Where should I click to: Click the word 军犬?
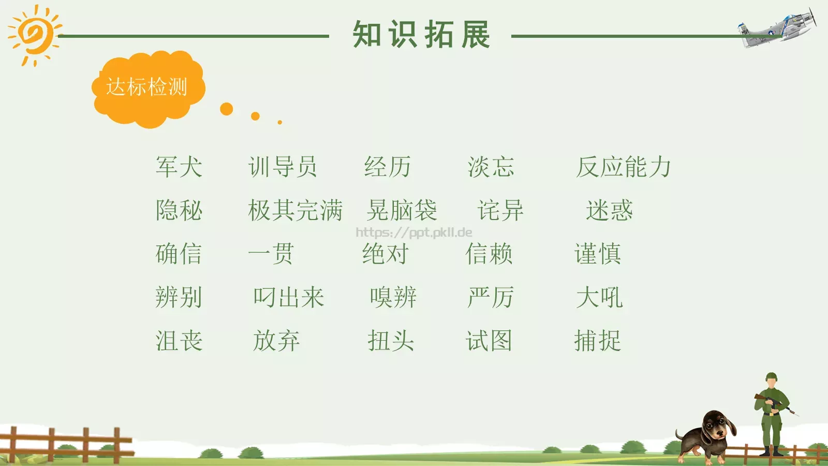coord(179,167)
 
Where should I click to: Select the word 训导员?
coord(283,167)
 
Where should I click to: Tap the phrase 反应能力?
coord(624,167)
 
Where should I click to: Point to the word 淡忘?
coord(491,167)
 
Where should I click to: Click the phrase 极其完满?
coord(295,211)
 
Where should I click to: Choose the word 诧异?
coord(500,211)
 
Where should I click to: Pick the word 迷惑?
coord(609,211)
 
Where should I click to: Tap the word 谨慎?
coord(598,254)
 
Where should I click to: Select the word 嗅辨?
coord(393,298)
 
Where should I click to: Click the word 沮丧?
coord(179,341)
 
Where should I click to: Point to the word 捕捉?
coord(598,341)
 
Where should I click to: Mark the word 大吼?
coord(599,298)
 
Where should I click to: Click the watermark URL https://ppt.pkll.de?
coord(414,232)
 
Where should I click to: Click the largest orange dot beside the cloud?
coord(226,109)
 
